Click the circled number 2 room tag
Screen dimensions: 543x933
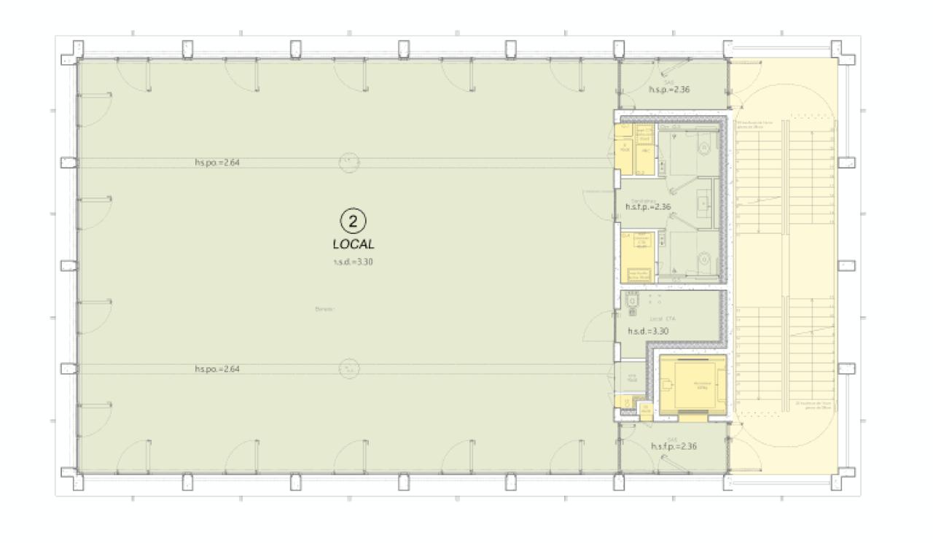353,219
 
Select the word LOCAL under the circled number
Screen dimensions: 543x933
353,244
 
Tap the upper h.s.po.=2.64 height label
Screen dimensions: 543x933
217,163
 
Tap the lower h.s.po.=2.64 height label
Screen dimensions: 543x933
217,370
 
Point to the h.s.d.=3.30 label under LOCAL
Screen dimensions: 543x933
353,262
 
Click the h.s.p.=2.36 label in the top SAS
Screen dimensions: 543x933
669,90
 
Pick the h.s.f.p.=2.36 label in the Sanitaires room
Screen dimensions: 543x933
647,207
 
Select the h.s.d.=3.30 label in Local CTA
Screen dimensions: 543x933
648,331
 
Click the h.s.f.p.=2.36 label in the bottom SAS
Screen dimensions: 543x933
674,446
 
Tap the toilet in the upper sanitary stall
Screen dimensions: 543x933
703,148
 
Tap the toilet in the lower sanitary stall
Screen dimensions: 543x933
703,259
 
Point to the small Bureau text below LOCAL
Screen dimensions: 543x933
324,309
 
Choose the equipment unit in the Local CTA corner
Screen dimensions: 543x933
631,300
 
